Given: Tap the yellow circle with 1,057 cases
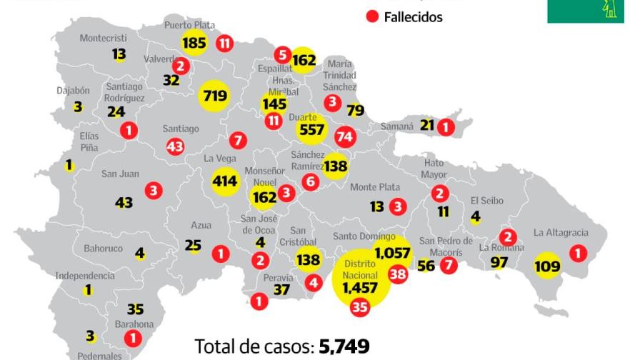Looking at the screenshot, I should click(x=393, y=253).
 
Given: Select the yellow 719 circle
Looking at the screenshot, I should click(x=214, y=96).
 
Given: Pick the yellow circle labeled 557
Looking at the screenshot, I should click(x=312, y=130).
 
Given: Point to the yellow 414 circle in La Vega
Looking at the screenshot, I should click(x=225, y=181).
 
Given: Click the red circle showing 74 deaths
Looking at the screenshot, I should click(x=345, y=136).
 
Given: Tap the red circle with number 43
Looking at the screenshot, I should click(x=175, y=146).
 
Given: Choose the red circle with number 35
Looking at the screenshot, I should click(x=359, y=307).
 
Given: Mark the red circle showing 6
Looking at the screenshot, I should click(x=310, y=181).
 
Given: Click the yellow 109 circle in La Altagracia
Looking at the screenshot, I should click(x=548, y=266).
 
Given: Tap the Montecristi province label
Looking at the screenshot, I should click(x=103, y=38).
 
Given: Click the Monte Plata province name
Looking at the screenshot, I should click(x=375, y=187).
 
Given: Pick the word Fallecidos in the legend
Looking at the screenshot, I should click(x=413, y=17).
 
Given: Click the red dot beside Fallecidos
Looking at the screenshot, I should click(x=371, y=16).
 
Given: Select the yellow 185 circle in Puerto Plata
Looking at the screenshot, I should click(x=194, y=43).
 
